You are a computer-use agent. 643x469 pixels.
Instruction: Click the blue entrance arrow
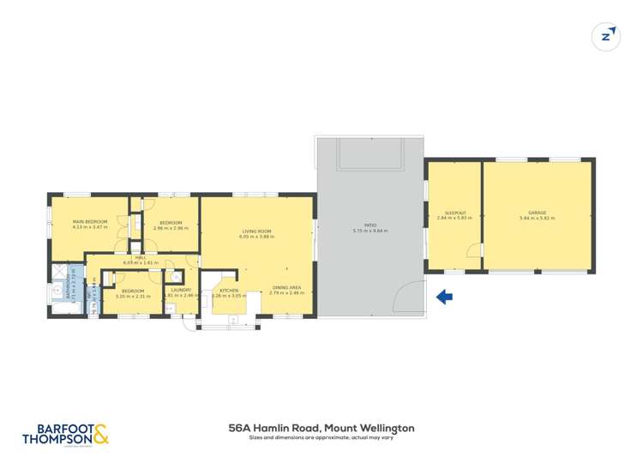445,298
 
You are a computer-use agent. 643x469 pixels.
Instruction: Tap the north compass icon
607,36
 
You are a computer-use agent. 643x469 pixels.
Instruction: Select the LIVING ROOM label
256,231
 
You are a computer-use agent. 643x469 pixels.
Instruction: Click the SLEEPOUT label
454,213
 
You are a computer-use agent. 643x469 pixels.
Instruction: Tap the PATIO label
370,225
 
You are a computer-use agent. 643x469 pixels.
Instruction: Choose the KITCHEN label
229,291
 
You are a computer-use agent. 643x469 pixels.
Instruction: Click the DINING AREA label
285,287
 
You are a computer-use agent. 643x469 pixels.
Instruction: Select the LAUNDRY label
181,291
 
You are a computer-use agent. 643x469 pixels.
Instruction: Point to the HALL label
141,257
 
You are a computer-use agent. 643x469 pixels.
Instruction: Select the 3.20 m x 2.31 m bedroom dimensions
132,297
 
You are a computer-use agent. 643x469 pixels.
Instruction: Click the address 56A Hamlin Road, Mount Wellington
321,427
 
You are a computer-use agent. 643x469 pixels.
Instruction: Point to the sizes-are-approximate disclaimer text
321,438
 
